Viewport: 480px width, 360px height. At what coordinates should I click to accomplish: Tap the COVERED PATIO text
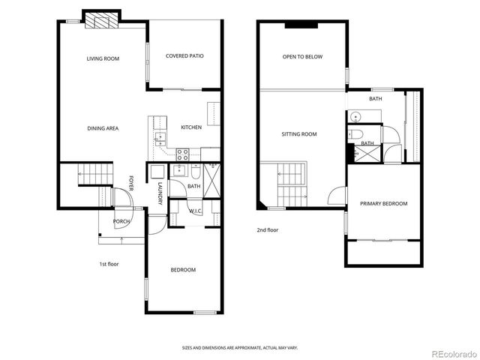(184, 55)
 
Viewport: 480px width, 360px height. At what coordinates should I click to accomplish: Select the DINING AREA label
(103, 128)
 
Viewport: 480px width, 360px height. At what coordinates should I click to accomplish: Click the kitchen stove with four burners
(182, 154)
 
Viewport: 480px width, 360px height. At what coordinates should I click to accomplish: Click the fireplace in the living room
(100, 21)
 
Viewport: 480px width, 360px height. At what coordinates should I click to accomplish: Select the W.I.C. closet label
(196, 211)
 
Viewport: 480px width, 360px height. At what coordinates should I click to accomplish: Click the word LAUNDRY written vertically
(160, 193)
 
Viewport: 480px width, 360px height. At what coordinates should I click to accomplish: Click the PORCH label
(121, 221)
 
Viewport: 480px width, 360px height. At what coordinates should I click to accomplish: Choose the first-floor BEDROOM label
(183, 270)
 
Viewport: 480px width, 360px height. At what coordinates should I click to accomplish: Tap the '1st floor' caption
(109, 264)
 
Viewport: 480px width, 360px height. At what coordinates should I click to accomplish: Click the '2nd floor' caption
(268, 230)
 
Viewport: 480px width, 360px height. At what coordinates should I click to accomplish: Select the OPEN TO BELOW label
(302, 56)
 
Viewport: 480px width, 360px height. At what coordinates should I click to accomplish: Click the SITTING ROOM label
(299, 134)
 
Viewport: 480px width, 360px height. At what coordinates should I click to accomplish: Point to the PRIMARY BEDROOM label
(383, 204)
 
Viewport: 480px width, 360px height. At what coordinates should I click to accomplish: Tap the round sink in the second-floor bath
(355, 116)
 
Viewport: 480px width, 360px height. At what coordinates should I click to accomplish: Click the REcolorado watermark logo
(446, 352)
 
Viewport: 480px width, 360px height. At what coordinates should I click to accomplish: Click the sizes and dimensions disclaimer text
(240, 347)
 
